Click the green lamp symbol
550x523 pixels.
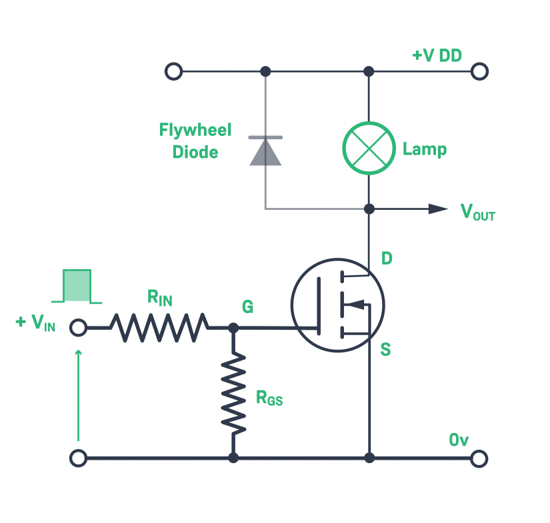369,148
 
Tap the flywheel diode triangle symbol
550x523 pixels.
265,151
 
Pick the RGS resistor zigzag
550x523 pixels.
233,394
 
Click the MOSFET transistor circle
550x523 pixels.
337,305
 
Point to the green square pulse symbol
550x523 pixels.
77,286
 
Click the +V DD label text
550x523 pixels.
437,55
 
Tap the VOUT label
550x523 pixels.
477,212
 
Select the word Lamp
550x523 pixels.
424,149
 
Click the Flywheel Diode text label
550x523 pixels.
195,141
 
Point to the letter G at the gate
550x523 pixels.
247,307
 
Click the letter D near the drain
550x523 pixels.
387,258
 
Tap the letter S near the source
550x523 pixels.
385,349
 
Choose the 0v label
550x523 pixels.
459,440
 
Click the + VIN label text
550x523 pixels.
36,324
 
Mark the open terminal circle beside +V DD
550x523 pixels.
479,71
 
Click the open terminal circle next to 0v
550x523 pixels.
479,458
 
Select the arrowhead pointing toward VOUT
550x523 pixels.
438,209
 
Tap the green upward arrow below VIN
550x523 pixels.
79,393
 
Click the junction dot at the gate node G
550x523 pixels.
233,328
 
